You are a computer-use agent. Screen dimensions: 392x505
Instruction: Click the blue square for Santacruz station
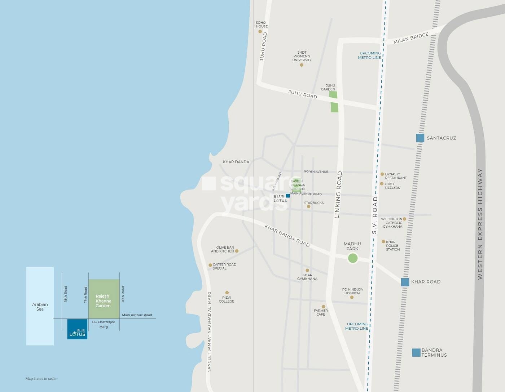[420, 138]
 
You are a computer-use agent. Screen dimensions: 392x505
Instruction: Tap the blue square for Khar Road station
[405, 282]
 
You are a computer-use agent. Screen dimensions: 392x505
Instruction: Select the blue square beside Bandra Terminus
[416, 352]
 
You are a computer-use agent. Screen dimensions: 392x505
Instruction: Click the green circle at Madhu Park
[352, 258]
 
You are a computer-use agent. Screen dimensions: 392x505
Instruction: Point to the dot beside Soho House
[260, 31]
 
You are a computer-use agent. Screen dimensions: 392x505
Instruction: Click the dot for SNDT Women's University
[302, 65]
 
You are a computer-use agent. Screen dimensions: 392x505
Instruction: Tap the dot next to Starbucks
[308, 206]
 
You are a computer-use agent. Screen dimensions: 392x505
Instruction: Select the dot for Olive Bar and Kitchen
[237, 251]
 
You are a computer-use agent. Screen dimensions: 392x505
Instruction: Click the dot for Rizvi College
[227, 293]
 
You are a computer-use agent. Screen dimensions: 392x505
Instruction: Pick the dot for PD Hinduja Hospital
[352, 297]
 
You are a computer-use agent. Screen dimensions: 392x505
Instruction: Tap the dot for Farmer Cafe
[323, 307]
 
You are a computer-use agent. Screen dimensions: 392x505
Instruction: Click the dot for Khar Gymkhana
[307, 270]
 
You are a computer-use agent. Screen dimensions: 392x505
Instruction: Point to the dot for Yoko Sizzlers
[382, 184]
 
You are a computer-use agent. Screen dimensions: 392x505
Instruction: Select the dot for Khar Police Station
[383, 242]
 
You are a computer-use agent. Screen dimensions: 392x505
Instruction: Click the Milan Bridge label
[411, 38]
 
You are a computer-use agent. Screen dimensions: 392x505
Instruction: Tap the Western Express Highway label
[480, 223]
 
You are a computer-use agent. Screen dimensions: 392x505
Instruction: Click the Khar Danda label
[236, 162]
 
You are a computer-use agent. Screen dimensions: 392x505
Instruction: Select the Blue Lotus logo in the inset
[77, 329]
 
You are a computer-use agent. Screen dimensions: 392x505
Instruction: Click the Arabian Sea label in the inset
[40, 307]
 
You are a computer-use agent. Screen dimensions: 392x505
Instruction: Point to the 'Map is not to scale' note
[41, 379]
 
